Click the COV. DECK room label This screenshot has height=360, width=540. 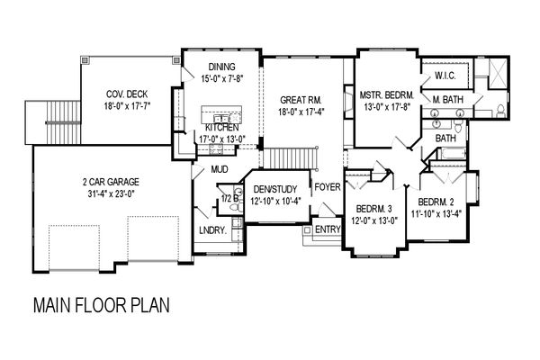point(127,94)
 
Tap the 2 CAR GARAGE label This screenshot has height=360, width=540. point(111,182)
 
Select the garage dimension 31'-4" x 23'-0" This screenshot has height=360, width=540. point(111,194)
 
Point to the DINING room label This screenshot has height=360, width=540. point(221,67)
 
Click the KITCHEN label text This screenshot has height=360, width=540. point(222,128)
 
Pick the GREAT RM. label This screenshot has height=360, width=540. point(301,100)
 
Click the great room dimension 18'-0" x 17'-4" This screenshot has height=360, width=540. point(301,112)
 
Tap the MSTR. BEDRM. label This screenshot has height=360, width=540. point(387,94)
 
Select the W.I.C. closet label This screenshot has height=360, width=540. point(445,76)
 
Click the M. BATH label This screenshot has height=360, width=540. point(447,100)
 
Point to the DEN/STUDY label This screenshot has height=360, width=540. point(275,189)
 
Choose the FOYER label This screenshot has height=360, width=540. point(328,187)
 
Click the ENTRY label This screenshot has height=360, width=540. point(328,229)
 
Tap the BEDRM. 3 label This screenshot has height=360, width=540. point(374,209)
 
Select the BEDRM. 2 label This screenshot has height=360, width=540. point(436,202)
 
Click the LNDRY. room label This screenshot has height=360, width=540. point(212,230)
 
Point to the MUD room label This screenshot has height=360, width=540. point(220,169)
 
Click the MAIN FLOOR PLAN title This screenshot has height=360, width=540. point(102,305)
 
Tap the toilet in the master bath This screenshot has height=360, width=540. point(500,111)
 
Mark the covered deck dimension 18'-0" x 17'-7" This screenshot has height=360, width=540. point(128,106)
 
